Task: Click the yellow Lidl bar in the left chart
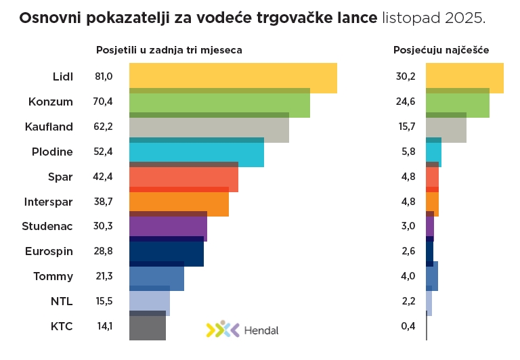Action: point(233,77)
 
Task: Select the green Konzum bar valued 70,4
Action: point(219,103)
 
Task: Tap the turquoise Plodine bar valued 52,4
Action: point(196,153)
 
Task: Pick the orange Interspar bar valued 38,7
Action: point(179,203)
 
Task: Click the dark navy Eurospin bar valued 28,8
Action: point(166,253)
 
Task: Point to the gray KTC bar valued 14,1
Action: point(147,327)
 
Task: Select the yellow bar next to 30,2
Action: point(464,77)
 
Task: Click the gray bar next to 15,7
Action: point(446,128)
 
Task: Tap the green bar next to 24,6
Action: point(457,103)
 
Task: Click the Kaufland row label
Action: point(49,127)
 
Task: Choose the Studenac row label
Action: point(47,226)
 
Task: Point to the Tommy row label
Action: point(53,276)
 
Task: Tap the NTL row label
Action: point(62,301)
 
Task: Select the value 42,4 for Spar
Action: point(104,177)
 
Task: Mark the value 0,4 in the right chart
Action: point(408,326)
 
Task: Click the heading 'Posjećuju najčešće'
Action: point(441,50)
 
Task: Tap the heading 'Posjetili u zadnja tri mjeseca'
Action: point(169,50)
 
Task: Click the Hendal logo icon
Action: point(223,330)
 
